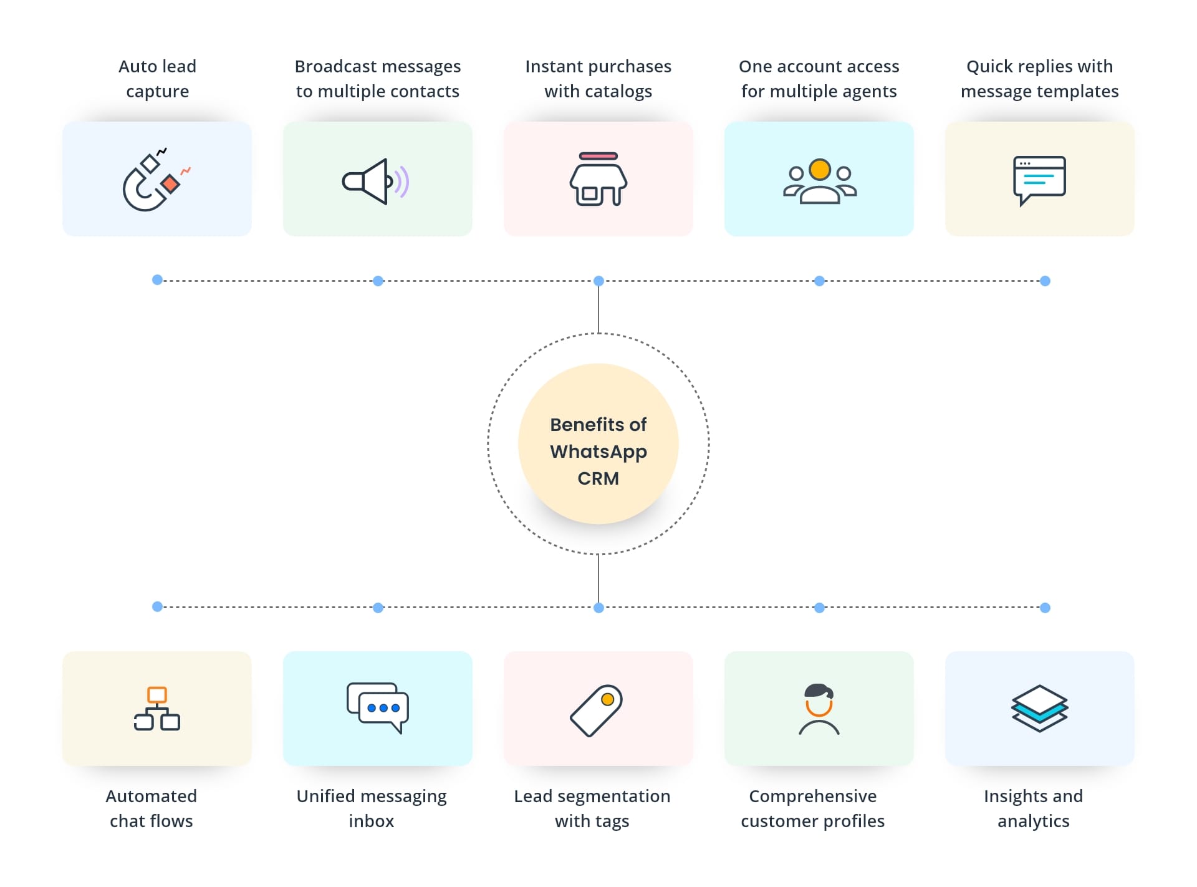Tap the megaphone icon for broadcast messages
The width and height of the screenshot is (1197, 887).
tap(374, 181)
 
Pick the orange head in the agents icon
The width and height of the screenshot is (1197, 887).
tap(819, 169)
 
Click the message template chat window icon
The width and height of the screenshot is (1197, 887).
tap(1039, 180)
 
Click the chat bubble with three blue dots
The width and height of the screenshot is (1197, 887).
tap(383, 709)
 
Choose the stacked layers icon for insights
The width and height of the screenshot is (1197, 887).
tap(1039, 709)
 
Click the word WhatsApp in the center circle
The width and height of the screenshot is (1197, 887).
tap(598, 451)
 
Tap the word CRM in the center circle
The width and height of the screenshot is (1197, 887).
tap(598, 478)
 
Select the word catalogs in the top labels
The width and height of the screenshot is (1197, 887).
tap(617, 92)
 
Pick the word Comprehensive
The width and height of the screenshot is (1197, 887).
tap(812, 796)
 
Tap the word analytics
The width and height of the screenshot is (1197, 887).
tap(1033, 821)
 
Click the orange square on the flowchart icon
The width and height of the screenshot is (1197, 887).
tap(157, 695)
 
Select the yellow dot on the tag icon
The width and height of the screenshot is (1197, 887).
tap(607, 699)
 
